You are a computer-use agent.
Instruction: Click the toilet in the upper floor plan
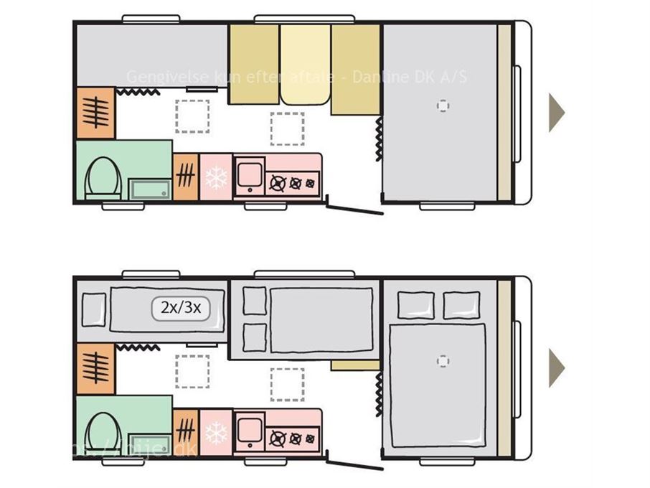pyautogui.click(x=100, y=177)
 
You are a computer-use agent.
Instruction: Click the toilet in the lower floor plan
pyautogui.click(x=100, y=433)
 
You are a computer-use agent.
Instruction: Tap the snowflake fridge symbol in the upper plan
pyautogui.click(x=216, y=177)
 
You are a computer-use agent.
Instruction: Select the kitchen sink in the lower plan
pyautogui.click(x=249, y=431)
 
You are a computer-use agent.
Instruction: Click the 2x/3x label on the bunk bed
pyautogui.click(x=180, y=309)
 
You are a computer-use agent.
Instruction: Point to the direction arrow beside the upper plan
pyautogui.click(x=556, y=112)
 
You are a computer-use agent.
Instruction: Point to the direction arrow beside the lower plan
pyautogui.click(x=556, y=367)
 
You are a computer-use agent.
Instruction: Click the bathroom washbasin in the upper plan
pyautogui.click(x=149, y=189)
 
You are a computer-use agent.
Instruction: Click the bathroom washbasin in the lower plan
pyautogui.click(x=149, y=445)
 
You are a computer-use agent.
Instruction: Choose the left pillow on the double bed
pyautogui.click(x=415, y=305)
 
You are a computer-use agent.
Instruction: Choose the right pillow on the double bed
pyautogui.click(x=461, y=305)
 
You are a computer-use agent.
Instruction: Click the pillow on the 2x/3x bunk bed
pyautogui.click(x=94, y=309)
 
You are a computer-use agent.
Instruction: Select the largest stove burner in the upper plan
pyautogui.click(x=278, y=183)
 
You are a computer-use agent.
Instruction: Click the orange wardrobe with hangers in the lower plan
pyautogui.click(x=95, y=367)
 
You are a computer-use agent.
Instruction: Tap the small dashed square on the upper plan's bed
pyautogui.click(x=443, y=106)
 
